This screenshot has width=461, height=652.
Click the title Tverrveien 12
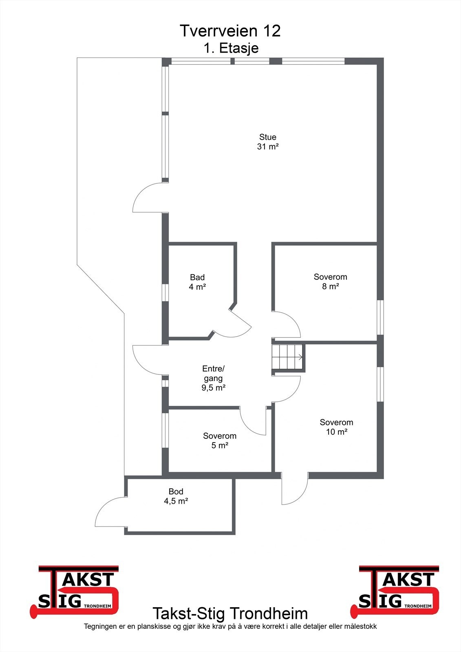pyautogui.click(x=230, y=31)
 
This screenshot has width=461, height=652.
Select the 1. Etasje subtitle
pyautogui.click(x=231, y=48)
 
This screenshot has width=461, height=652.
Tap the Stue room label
pyautogui.click(x=268, y=137)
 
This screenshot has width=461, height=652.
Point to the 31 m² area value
pyautogui.click(x=268, y=147)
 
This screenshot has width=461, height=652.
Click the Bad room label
pyautogui.click(x=197, y=278)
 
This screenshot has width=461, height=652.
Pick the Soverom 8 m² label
pyautogui.click(x=330, y=282)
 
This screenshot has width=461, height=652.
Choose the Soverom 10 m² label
pyautogui.click(x=336, y=427)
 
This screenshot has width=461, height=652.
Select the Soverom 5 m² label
pyautogui.click(x=220, y=441)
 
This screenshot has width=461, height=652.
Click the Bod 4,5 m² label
pyautogui.click(x=176, y=496)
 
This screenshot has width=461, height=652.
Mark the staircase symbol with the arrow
pyautogui.click(x=288, y=357)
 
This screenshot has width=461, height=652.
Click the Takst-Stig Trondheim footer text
pyautogui.click(x=230, y=613)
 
